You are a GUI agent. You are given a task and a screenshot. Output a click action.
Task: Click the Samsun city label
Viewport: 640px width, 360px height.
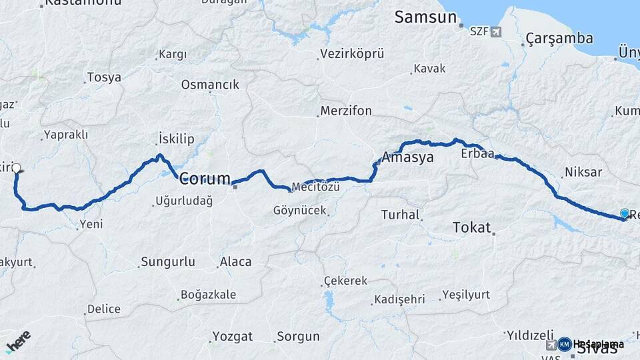point(427,17)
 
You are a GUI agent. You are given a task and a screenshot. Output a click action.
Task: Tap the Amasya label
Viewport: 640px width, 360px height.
point(407,158)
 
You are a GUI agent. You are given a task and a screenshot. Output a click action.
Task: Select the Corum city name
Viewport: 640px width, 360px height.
point(205,179)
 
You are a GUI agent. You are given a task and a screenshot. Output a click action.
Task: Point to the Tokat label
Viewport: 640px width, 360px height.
point(471,227)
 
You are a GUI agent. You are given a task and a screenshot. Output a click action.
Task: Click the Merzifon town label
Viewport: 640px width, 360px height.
point(346,111)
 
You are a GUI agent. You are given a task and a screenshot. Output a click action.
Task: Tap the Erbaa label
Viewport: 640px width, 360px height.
point(477,154)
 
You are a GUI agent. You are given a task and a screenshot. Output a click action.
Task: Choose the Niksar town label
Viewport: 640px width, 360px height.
point(583,173)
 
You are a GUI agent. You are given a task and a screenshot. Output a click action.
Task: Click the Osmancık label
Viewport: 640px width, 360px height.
point(209,85)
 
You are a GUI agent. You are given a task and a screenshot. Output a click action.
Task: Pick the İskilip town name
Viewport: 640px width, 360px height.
point(176,139)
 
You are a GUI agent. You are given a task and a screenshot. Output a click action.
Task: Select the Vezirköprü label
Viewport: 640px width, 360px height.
point(353,53)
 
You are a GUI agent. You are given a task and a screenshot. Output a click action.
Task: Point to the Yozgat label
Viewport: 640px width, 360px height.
point(233,336)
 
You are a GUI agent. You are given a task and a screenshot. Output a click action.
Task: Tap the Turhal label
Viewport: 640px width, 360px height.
point(400,215)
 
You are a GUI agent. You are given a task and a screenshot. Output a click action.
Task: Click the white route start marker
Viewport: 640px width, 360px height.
point(17,168)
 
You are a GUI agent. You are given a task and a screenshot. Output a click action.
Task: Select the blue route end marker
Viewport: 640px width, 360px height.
point(625,213)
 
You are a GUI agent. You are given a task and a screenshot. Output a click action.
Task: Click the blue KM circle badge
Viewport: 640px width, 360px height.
point(565,344)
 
